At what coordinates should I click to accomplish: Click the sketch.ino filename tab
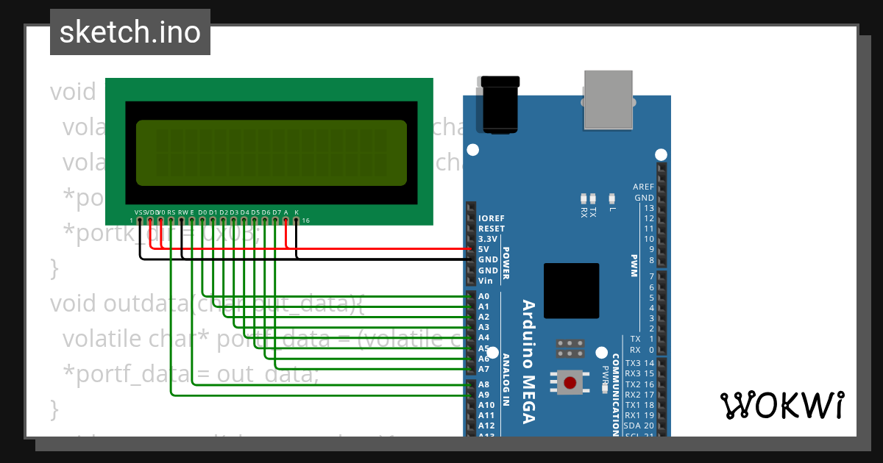(x=130, y=32)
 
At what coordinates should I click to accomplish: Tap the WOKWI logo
(x=781, y=405)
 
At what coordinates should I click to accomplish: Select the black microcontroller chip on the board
(x=571, y=291)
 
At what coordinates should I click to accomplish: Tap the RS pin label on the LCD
(x=171, y=212)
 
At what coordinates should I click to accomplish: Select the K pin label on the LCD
(x=297, y=212)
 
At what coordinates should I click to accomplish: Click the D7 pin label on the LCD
(x=277, y=212)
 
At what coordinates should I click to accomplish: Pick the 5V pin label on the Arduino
(x=483, y=249)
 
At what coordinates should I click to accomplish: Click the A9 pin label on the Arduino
(x=483, y=394)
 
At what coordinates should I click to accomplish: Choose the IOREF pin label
(x=491, y=218)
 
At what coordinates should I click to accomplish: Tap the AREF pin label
(x=643, y=187)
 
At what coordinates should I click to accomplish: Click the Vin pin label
(x=485, y=281)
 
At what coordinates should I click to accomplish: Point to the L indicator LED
(x=611, y=198)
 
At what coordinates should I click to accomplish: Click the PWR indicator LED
(x=603, y=353)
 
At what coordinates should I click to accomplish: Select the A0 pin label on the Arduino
(x=483, y=296)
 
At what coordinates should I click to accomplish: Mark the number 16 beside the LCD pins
(x=305, y=220)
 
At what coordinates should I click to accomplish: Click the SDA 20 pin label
(x=638, y=426)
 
